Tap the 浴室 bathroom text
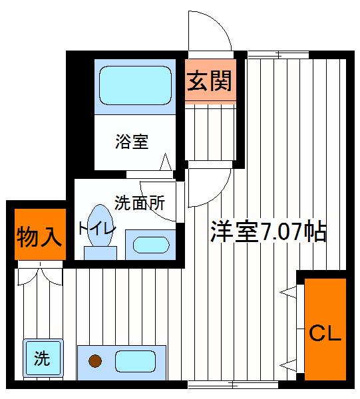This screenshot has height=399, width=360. pos(131,141)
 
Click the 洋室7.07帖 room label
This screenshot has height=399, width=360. pos(268,231)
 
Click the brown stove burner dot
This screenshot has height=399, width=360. pos(95,362)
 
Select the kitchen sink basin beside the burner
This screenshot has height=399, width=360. pos(135,362)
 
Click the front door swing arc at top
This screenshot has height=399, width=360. pos(210,30)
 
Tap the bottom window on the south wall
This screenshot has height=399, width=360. pos(233,384)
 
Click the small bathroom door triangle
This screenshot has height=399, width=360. pos(165,162)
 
